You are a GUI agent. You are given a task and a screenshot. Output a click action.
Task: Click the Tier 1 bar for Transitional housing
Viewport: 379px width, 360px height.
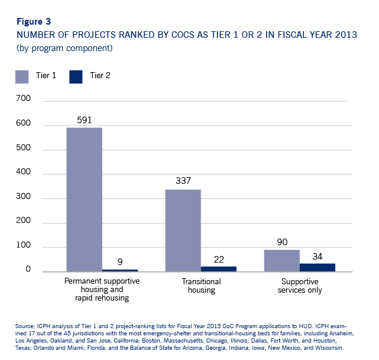tap(183, 231)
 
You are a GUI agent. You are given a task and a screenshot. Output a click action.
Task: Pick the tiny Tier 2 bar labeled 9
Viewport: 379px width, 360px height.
tap(120, 270)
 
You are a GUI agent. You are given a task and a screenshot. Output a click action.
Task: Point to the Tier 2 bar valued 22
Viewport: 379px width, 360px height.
tap(219, 269)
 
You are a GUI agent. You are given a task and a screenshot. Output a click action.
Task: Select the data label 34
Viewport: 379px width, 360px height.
tap(318, 255)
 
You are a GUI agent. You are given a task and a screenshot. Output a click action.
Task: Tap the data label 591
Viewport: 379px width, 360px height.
tap(85, 120)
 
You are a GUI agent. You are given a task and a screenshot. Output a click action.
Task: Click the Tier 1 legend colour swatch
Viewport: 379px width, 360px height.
tap(22, 76)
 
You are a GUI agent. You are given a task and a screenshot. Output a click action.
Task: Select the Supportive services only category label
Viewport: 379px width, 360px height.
tap(300, 285)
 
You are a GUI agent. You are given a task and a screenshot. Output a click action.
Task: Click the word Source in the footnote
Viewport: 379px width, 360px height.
tap(25, 325)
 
